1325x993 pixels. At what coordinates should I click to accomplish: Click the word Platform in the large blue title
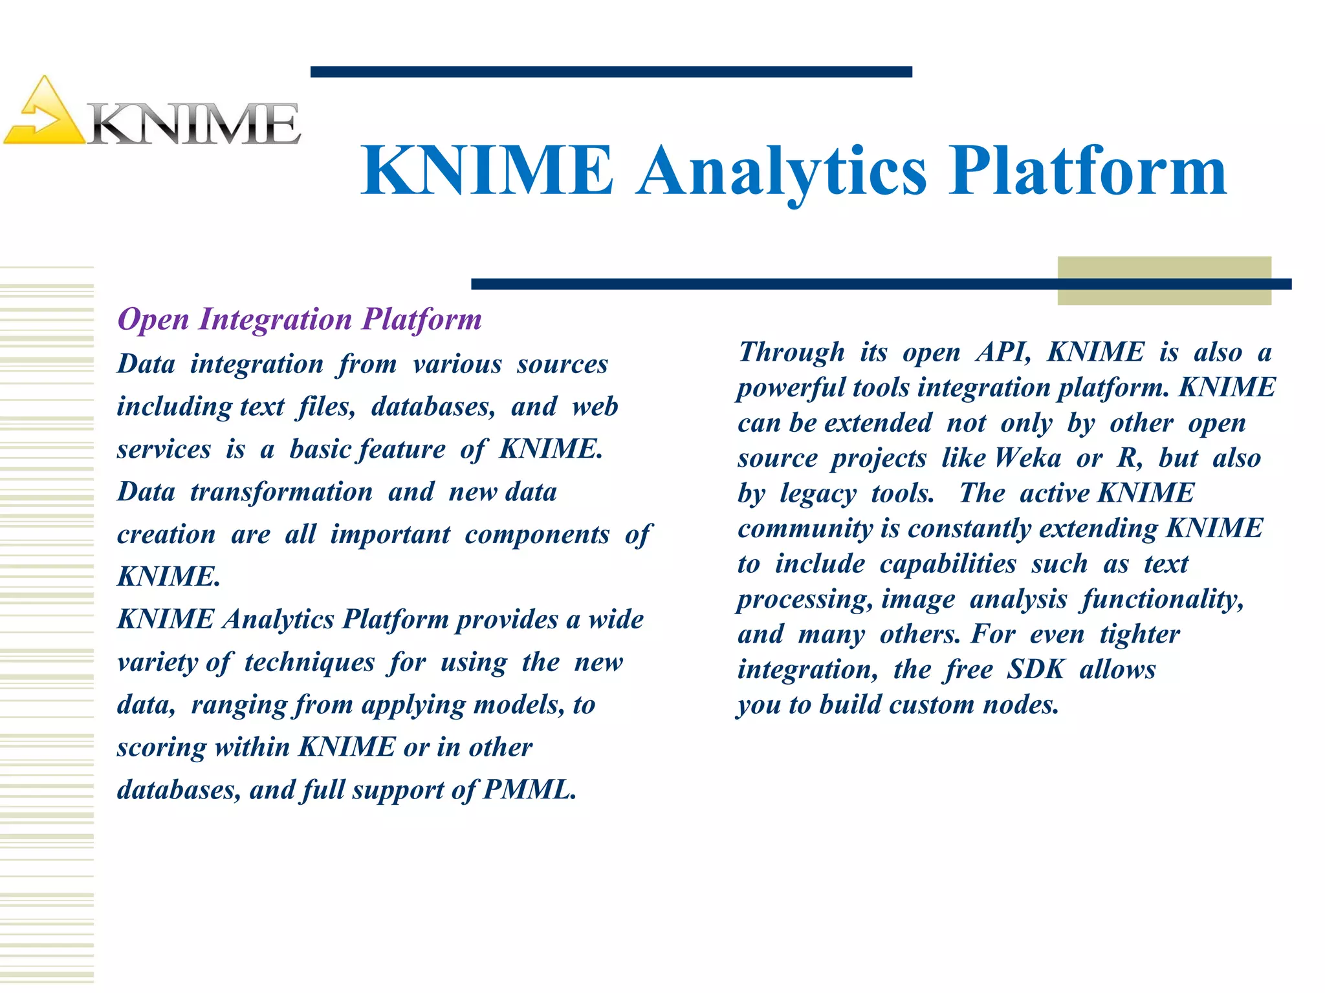point(1088,171)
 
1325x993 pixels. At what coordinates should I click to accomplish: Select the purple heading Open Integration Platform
point(300,319)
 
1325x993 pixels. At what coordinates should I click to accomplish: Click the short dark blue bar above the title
point(611,72)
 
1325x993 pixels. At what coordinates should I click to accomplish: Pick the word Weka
point(1028,458)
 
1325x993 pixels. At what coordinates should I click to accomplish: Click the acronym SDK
point(1035,669)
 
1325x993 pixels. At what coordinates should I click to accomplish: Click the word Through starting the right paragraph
point(791,352)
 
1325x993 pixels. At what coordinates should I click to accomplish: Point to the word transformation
point(281,492)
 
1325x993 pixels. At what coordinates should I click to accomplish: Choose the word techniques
point(309,662)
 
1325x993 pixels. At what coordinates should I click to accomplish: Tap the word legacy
point(818,493)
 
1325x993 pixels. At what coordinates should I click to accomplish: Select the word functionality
point(1163,599)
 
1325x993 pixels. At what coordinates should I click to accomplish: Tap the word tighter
point(1139,634)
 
